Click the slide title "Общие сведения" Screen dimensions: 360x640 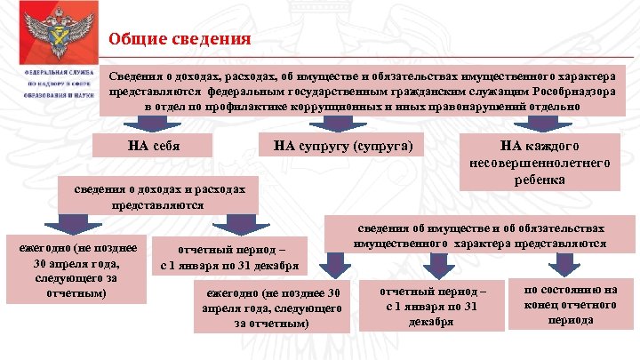[180, 39]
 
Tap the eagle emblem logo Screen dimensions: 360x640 [51, 33]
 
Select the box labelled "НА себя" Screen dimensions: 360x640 [155, 145]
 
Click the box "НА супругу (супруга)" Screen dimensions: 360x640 [342, 145]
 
